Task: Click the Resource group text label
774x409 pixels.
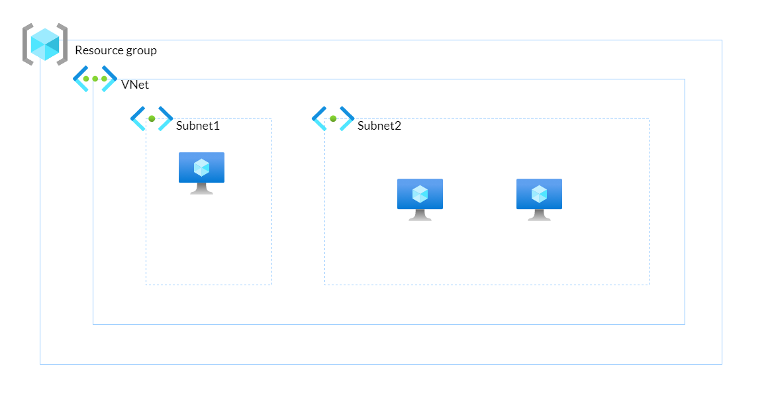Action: (x=116, y=50)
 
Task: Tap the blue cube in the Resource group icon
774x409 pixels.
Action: (x=45, y=44)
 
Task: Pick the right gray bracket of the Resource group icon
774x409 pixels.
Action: (x=63, y=44)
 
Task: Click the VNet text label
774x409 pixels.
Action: (x=135, y=85)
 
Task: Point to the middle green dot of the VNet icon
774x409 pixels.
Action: (x=95, y=79)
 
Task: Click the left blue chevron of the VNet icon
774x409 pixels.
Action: (x=79, y=78)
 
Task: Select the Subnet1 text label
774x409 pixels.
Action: (x=197, y=126)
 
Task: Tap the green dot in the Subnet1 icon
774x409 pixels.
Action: (x=152, y=118)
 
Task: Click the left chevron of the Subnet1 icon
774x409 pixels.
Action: (x=137, y=118)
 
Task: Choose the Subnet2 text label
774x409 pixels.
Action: (x=379, y=126)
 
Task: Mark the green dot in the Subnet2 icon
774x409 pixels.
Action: (x=333, y=118)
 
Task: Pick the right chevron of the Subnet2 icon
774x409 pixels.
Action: (x=348, y=118)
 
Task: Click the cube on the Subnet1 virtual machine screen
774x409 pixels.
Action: (x=201, y=167)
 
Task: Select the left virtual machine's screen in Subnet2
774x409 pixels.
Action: (x=420, y=193)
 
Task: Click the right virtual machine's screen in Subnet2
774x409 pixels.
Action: (x=539, y=193)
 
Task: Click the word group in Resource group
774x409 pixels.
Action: (x=142, y=51)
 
